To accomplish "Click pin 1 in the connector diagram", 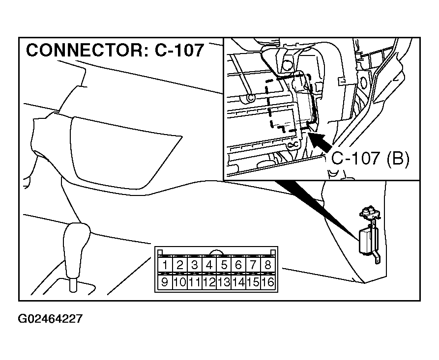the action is pos(165,265).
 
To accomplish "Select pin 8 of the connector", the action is pos(267,265).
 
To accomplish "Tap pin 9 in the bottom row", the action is pos(165,282).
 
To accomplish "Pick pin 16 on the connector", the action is pos(267,282).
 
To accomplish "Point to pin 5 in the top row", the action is pos(224,265).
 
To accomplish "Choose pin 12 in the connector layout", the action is pos(209,282).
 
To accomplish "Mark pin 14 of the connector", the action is pos(238,282).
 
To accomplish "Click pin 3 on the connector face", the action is pos(194,265).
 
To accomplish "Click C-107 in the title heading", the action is pos(179,51).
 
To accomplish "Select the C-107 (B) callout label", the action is pos(370,159).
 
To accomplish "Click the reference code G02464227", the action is pos(50,319).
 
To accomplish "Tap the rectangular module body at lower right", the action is pos(367,242).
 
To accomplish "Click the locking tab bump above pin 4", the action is pos(216,252).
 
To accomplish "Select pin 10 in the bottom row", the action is pos(179,282).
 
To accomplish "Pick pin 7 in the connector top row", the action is pos(253,265).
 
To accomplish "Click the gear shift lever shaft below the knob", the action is pos(73,285).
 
